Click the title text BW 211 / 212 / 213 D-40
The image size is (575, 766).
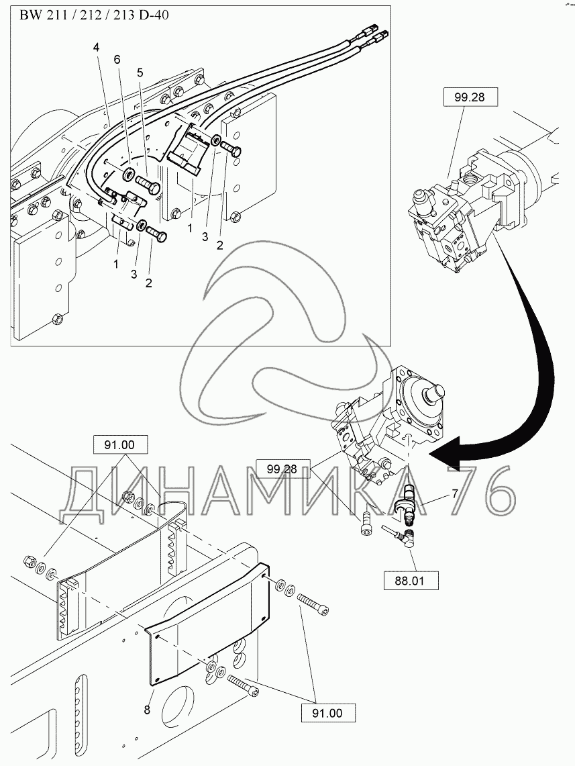tap(94, 15)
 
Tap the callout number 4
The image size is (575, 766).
tap(96, 48)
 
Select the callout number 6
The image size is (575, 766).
tap(117, 60)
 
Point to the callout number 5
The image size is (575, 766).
tap(140, 73)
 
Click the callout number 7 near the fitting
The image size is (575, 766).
tap(454, 494)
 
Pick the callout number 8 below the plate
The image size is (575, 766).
tap(148, 710)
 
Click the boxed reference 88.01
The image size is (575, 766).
tap(411, 581)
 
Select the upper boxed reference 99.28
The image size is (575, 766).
tap(470, 97)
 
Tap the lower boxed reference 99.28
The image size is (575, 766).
tap(282, 469)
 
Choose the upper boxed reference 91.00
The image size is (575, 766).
tap(119, 445)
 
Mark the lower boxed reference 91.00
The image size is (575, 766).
tap(327, 713)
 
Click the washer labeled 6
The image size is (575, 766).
tap(129, 174)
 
